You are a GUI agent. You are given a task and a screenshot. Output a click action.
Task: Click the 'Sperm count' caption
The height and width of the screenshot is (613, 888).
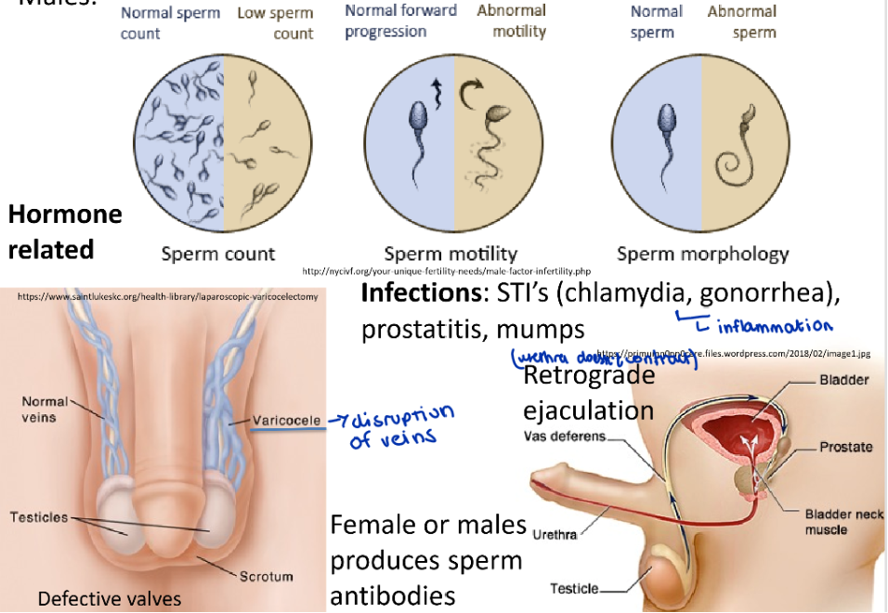pos(218,254)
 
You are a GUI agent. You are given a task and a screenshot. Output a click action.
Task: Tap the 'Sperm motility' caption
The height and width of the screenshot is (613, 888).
pos(451,254)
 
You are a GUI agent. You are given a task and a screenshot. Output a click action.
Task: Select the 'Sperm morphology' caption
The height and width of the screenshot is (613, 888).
pos(702,254)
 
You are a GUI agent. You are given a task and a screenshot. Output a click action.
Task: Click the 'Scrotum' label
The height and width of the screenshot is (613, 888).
pos(267,577)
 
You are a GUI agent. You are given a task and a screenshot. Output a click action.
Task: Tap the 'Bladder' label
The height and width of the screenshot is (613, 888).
pos(844,380)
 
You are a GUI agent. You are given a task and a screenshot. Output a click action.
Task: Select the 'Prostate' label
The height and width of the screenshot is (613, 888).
pos(845,447)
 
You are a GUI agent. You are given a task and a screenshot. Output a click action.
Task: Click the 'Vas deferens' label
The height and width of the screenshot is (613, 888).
pos(565,436)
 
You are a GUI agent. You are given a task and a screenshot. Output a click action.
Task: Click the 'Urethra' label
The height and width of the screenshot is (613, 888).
pos(555,534)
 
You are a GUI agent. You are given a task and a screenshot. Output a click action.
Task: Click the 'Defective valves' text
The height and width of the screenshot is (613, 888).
pos(110,599)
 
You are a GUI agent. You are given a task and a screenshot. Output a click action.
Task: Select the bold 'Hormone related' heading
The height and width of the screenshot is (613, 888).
pos(64,231)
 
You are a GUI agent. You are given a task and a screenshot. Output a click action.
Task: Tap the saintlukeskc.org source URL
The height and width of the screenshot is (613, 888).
pos(167,297)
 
